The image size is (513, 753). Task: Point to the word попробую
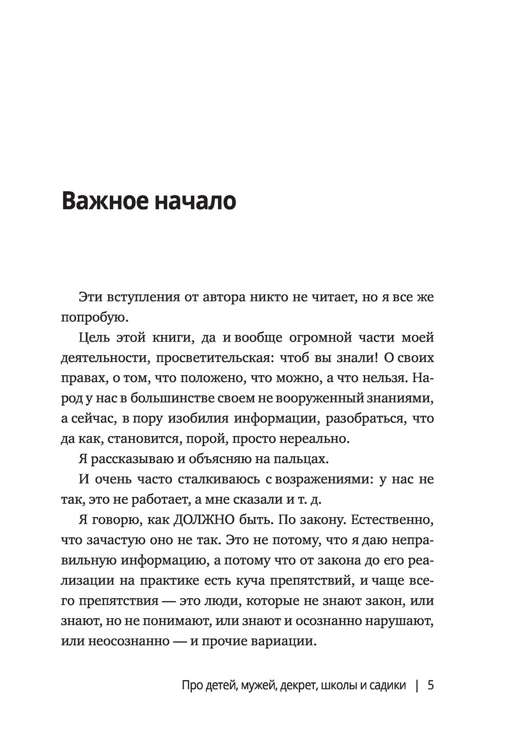(x=92, y=318)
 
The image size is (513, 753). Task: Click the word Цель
(x=95, y=338)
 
